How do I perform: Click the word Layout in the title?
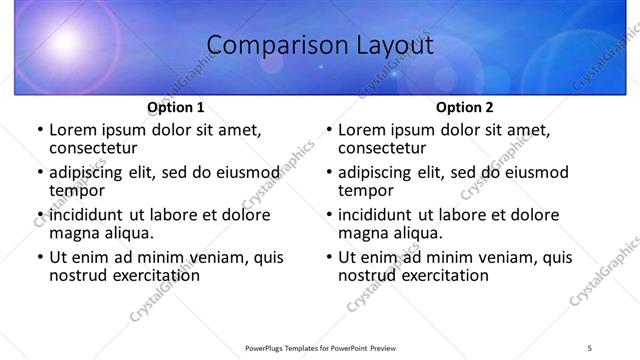391,45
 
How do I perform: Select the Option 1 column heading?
176,107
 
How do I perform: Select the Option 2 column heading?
465,107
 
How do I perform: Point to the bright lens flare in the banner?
65,42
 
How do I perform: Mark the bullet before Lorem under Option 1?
39,130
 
